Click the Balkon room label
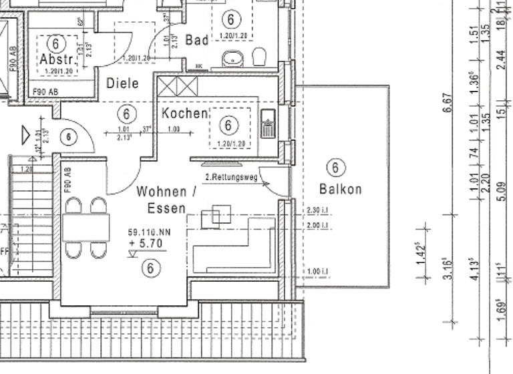point(340,189)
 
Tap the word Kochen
point(184,114)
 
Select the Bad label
point(197,40)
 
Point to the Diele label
point(123,83)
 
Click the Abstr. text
point(55,58)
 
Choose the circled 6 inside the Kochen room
point(229,125)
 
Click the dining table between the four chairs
point(86,228)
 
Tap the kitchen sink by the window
point(267,124)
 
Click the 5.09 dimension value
point(504,200)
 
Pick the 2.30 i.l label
point(318,210)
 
